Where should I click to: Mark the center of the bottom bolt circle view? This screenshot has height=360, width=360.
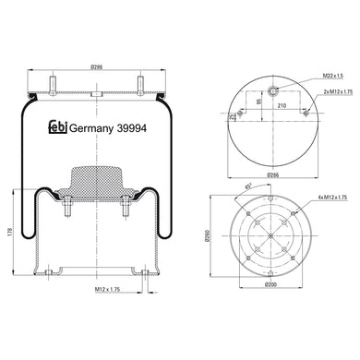[x=271, y=234]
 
